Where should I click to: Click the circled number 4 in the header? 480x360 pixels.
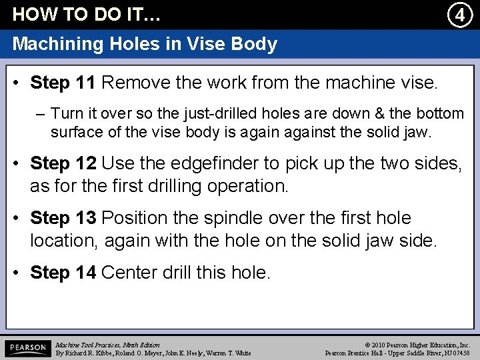[459, 14]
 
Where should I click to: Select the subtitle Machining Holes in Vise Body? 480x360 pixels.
[145, 45]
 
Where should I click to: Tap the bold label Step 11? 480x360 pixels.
[63, 83]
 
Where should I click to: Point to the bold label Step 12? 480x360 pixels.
[63, 163]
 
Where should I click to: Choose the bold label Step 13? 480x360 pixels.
[63, 218]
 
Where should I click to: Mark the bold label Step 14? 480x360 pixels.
[63, 273]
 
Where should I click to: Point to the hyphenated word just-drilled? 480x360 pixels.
[191, 114]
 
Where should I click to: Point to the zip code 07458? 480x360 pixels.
[459, 353]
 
